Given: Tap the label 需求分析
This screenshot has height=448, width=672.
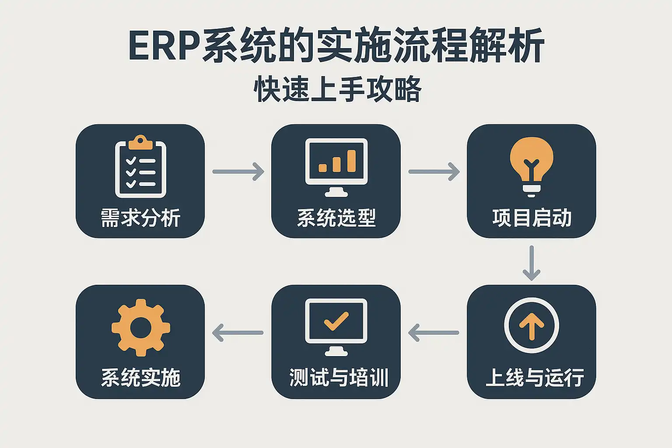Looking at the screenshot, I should point(140,217).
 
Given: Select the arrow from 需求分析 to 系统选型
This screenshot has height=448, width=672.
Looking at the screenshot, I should point(238,171).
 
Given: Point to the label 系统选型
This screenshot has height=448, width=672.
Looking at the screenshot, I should point(336,217).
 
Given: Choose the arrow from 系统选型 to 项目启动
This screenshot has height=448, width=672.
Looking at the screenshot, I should point(434,171).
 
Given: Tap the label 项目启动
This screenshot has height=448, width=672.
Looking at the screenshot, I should point(532,217).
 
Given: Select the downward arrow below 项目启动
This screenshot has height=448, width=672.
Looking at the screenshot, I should point(532,262).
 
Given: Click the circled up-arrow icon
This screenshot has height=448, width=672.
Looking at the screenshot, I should point(532,325).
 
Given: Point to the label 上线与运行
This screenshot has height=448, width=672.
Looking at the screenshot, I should point(535,378).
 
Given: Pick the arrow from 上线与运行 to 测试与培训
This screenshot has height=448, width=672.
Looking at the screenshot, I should point(434,332).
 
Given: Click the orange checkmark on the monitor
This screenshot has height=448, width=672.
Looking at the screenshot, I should point(336,321).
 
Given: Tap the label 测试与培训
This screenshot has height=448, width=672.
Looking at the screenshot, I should point(339,378).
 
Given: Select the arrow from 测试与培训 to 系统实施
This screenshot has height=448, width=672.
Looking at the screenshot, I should point(238,332).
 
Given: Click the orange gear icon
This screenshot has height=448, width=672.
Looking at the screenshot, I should point(140,327).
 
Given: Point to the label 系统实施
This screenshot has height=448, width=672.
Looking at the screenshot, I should point(140,378).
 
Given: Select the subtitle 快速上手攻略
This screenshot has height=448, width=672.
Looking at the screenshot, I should point(337,89).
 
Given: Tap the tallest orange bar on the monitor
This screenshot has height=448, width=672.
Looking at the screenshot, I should point(351,161).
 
